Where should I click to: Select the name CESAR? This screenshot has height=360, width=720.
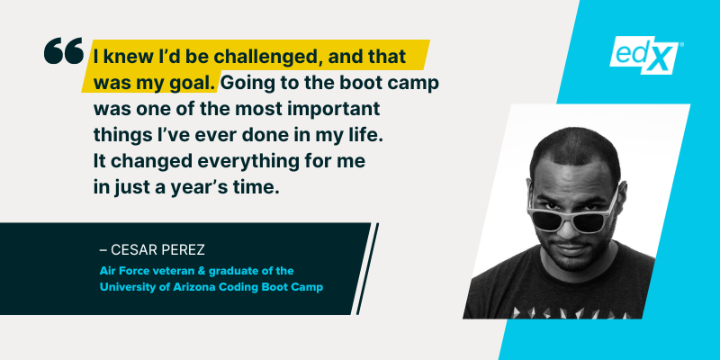tap(136, 245)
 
